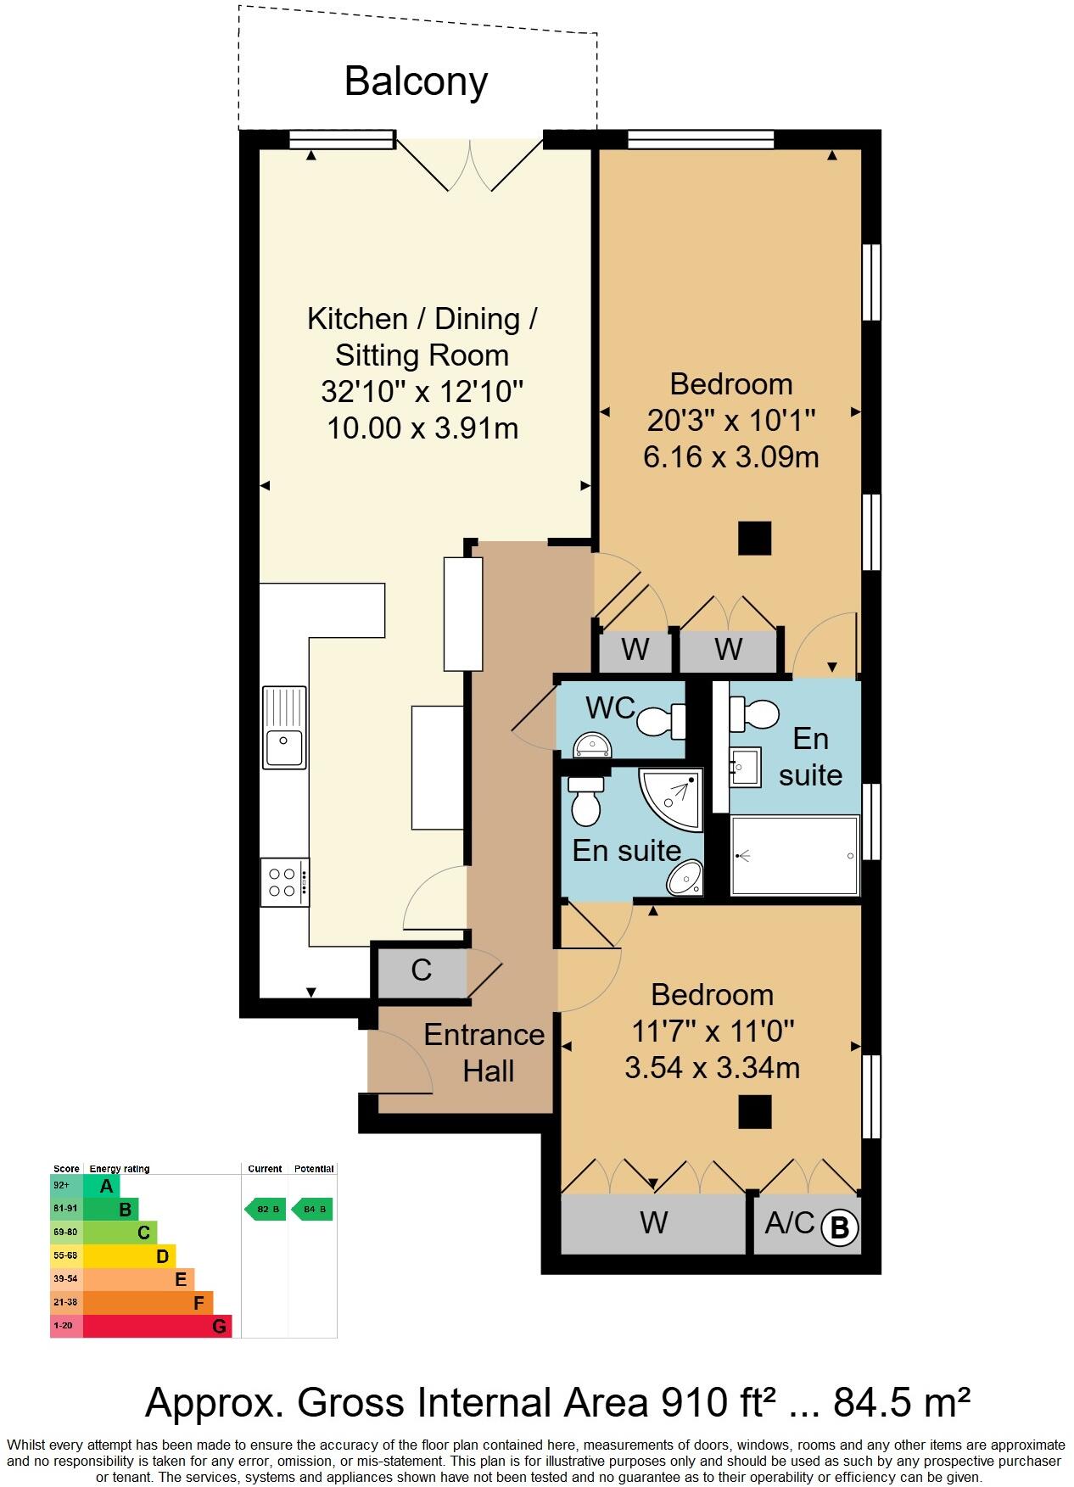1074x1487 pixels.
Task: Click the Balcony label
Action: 416,81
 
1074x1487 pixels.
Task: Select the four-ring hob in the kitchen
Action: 284,881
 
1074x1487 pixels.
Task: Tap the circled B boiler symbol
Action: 839,1227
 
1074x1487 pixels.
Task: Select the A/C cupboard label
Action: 789,1223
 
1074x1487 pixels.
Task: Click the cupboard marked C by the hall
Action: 421,970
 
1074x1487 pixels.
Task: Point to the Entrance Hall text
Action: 484,1053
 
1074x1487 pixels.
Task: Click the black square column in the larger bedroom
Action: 753,538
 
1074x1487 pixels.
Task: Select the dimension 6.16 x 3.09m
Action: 730,458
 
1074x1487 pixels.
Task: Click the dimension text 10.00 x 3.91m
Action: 422,428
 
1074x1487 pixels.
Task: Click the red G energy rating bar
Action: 157,1326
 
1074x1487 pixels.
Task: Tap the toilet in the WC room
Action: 661,722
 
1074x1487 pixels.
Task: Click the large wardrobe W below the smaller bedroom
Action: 653,1223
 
